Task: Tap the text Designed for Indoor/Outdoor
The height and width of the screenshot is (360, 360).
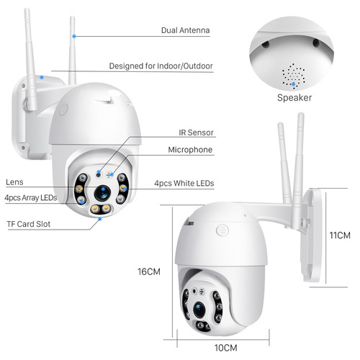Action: click(x=161, y=66)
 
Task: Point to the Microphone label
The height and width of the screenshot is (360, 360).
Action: click(x=190, y=150)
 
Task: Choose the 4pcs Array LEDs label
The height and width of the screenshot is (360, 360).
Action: click(x=30, y=197)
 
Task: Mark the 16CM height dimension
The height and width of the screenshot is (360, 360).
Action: click(x=148, y=271)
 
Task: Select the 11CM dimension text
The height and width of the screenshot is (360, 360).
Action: click(x=339, y=235)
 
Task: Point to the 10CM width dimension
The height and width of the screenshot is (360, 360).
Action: click(x=225, y=347)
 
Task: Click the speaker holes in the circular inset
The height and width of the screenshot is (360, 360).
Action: click(x=292, y=73)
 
